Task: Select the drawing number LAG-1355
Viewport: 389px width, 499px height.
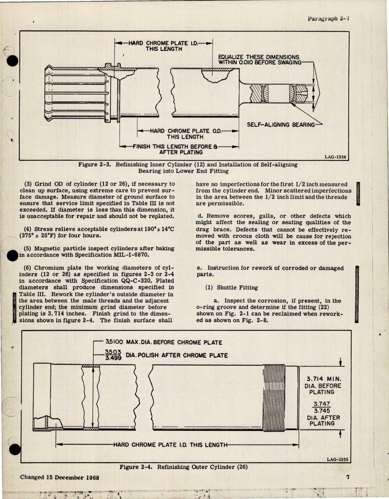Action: [337, 460]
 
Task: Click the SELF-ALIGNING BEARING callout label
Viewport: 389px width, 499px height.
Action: [281, 125]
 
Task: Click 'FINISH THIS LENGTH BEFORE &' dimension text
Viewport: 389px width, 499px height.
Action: [175, 146]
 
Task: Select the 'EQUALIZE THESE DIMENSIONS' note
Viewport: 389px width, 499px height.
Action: [259, 57]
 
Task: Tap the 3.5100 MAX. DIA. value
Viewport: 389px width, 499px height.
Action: [114, 342]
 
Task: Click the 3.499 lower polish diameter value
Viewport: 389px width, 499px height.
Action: [113, 358]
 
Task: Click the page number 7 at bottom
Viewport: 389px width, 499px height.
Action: [348, 477]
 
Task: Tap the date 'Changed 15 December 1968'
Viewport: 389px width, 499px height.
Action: [60, 477]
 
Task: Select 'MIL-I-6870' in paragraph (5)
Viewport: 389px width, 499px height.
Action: [132, 255]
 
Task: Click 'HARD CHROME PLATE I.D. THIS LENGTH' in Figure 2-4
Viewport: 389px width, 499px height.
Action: [170, 445]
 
